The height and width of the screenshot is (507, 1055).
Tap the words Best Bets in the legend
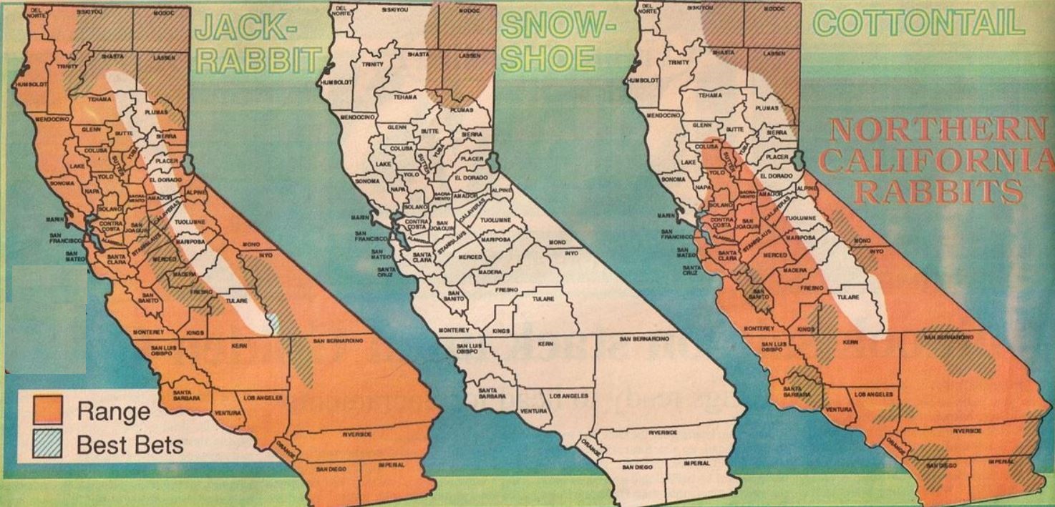tap(130, 445)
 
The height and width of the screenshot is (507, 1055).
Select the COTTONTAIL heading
tap(919, 23)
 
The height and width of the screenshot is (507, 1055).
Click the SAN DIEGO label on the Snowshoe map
tap(637, 467)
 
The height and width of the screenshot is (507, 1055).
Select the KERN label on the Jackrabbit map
tap(239, 346)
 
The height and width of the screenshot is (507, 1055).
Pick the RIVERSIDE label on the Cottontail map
tap(966, 431)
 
